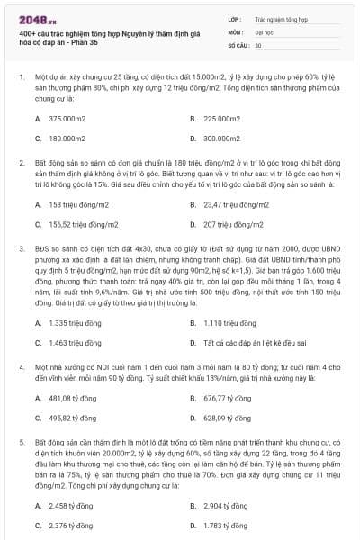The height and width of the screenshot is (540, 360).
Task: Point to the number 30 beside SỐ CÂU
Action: (258, 44)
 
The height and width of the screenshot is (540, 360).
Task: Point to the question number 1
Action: (21, 78)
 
